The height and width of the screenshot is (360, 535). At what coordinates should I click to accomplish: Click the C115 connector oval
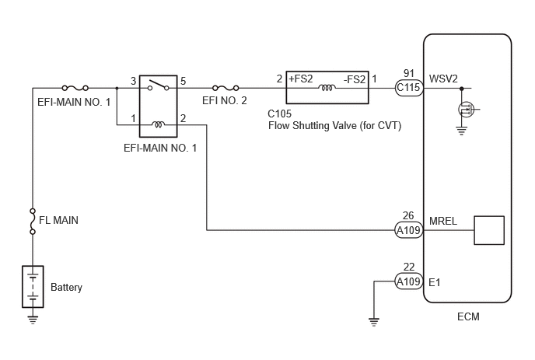(409, 88)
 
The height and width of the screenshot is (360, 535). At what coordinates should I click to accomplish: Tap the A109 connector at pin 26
(409, 230)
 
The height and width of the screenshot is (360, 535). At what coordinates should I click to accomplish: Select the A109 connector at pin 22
(409, 281)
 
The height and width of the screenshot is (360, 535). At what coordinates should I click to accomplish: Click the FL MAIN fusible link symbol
(33, 222)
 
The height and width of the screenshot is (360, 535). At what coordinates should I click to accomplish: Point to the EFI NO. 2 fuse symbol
(226, 88)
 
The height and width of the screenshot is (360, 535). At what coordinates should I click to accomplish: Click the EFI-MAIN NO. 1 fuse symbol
(75, 88)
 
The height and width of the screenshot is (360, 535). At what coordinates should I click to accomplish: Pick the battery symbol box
(33, 287)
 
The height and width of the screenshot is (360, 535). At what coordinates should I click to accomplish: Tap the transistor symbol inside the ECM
(466, 110)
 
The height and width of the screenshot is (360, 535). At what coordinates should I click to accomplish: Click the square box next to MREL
(489, 230)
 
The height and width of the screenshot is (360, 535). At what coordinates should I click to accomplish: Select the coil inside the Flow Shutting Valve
(327, 88)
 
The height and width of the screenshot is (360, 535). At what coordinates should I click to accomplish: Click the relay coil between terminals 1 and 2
(158, 124)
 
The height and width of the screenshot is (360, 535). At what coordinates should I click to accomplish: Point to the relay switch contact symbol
(159, 86)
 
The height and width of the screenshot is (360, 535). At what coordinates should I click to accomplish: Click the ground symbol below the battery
(33, 320)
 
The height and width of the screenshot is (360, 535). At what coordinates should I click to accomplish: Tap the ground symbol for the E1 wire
(374, 322)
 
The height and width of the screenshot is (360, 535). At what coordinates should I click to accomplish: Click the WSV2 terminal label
(443, 79)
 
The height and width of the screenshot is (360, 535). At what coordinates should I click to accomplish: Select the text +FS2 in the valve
(301, 79)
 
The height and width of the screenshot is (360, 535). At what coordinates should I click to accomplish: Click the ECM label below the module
(468, 316)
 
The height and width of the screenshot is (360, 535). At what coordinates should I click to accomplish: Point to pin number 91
(409, 73)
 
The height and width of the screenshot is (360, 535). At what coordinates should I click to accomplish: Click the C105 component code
(280, 114)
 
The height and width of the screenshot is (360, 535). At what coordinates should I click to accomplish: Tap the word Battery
(67, 288)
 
